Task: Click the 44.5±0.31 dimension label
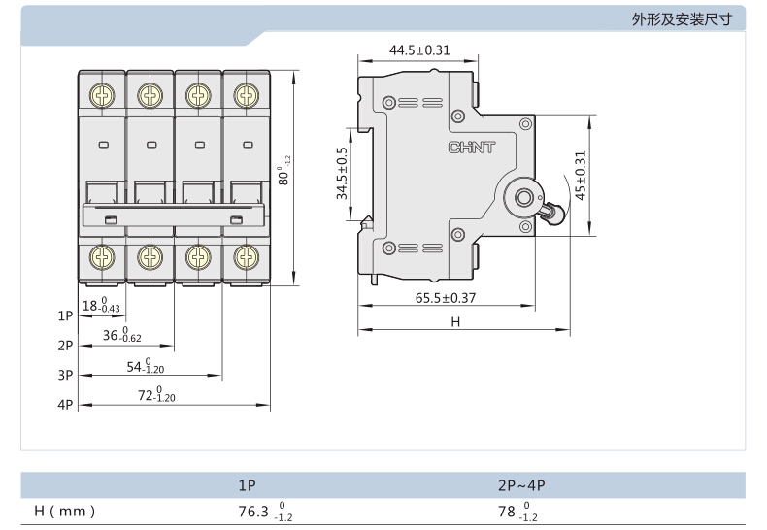[x=419, y=50]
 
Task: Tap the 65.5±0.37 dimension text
[x=445, y=298]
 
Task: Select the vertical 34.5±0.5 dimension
[x=342, y=174]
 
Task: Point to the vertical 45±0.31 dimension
[x=581, y=176]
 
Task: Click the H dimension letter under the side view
[x=455, y=321]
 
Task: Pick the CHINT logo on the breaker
[x=472, y=148]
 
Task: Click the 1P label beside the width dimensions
[x=65, y=315]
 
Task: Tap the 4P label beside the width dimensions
[x=65, y=405]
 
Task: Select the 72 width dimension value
[x=156, y=394]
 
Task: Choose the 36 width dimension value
[x=121, y=335]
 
